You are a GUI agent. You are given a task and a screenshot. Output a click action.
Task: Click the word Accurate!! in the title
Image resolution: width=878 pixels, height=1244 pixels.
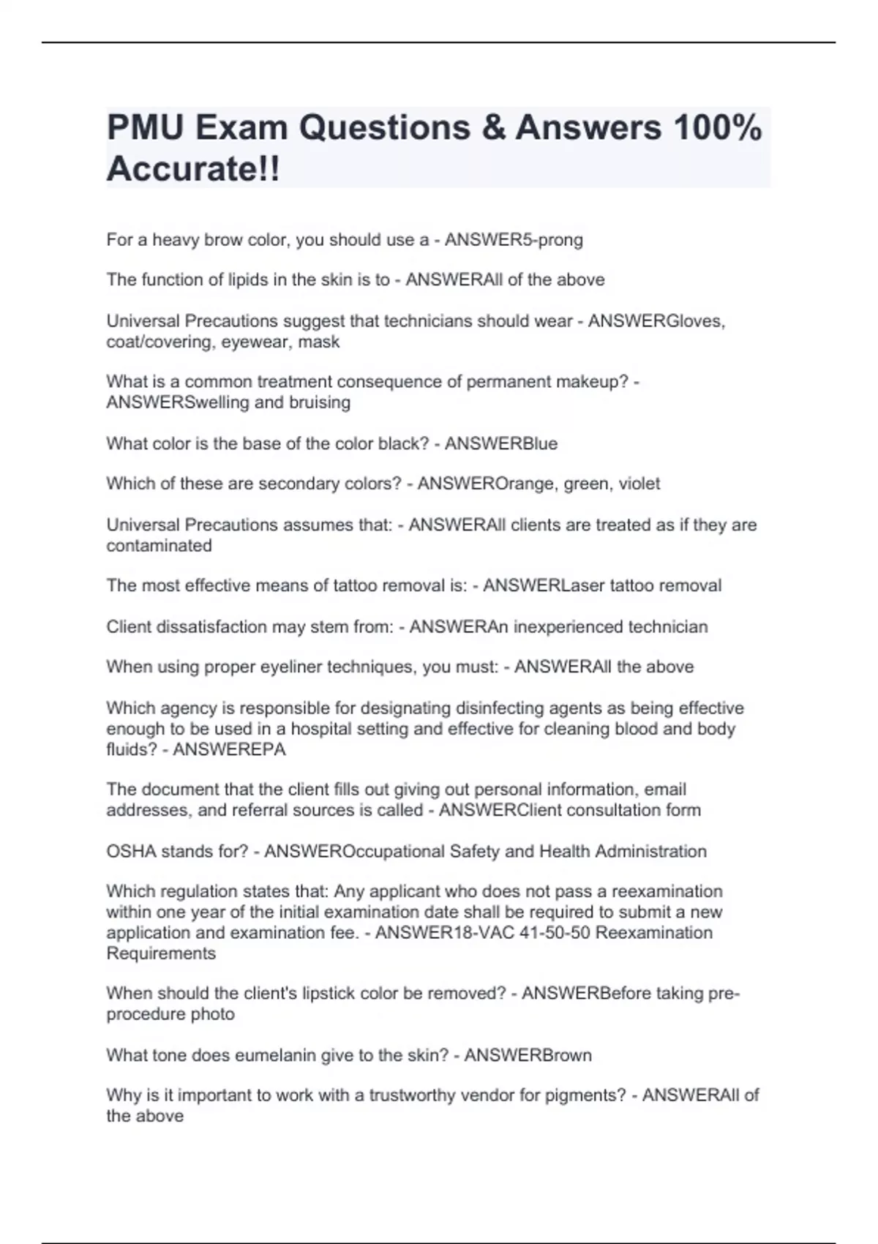[193, 170]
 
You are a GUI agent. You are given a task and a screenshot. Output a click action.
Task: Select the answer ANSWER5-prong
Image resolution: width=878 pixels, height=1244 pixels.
[514, 240]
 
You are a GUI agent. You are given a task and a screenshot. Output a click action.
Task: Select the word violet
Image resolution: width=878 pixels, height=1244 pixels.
[639, 484]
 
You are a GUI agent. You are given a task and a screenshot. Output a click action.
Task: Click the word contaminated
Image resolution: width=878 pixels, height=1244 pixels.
[159, 546]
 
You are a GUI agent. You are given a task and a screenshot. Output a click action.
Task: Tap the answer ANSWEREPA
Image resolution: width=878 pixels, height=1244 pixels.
[229, 749]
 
